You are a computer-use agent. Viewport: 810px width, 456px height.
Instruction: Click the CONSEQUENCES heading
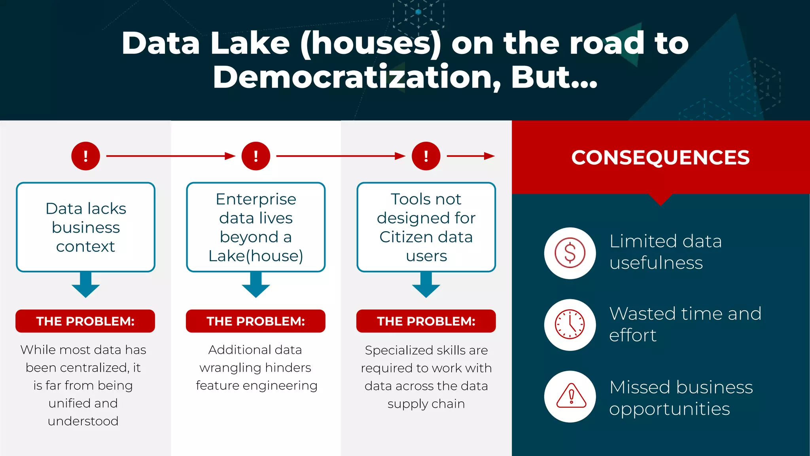click(x=660, y=158)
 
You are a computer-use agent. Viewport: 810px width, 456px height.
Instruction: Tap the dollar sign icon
click(x=570, y=253)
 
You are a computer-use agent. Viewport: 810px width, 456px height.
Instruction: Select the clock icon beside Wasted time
click(x=570, y=325)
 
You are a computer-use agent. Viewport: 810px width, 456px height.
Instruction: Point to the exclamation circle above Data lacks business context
click(x=85, y=156)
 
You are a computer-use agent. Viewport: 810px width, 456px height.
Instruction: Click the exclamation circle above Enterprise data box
click(x=256, y=156)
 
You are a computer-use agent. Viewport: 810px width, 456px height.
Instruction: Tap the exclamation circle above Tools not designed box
click(x=426, y=156)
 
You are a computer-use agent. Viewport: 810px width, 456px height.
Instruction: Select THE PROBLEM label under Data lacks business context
click(x=85, y=321)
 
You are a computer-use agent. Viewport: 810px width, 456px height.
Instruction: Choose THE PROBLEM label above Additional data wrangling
click(x=256, y=321)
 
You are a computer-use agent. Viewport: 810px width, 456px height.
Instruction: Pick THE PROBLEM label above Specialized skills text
click(x=426, y=321)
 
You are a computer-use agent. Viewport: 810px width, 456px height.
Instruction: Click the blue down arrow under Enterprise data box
click(x=256, y=285)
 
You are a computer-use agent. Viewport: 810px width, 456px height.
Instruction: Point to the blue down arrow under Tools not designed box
click(x=426, y=285)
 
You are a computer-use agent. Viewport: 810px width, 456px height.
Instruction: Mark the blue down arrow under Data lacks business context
click(x=85, y=285)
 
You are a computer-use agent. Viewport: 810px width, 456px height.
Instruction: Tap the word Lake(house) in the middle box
click(x=256, y=256)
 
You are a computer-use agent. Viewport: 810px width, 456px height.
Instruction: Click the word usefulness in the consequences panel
click(x=656, y=263)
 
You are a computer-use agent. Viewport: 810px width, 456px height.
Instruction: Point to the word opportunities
click(x=669, y=409)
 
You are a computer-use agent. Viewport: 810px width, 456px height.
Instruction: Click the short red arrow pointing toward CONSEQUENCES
click(x=471, y=156)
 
